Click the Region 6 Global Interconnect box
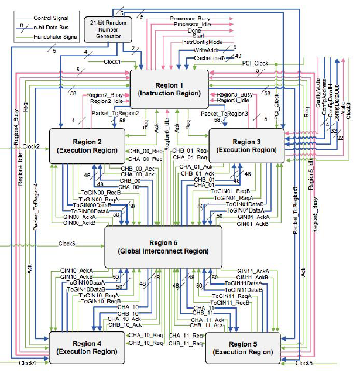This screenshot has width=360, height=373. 163,247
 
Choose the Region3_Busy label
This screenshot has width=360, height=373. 235,94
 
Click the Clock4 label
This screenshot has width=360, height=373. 27,364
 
